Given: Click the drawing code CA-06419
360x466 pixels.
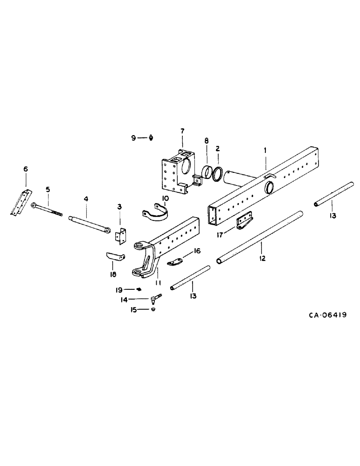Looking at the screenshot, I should (327, 315).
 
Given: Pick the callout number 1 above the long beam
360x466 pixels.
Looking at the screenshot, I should (265, 151).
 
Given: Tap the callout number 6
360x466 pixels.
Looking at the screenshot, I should (26, 169).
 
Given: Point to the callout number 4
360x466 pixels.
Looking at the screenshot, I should (86, 199).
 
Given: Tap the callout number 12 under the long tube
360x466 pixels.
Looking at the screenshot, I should (262, 258).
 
